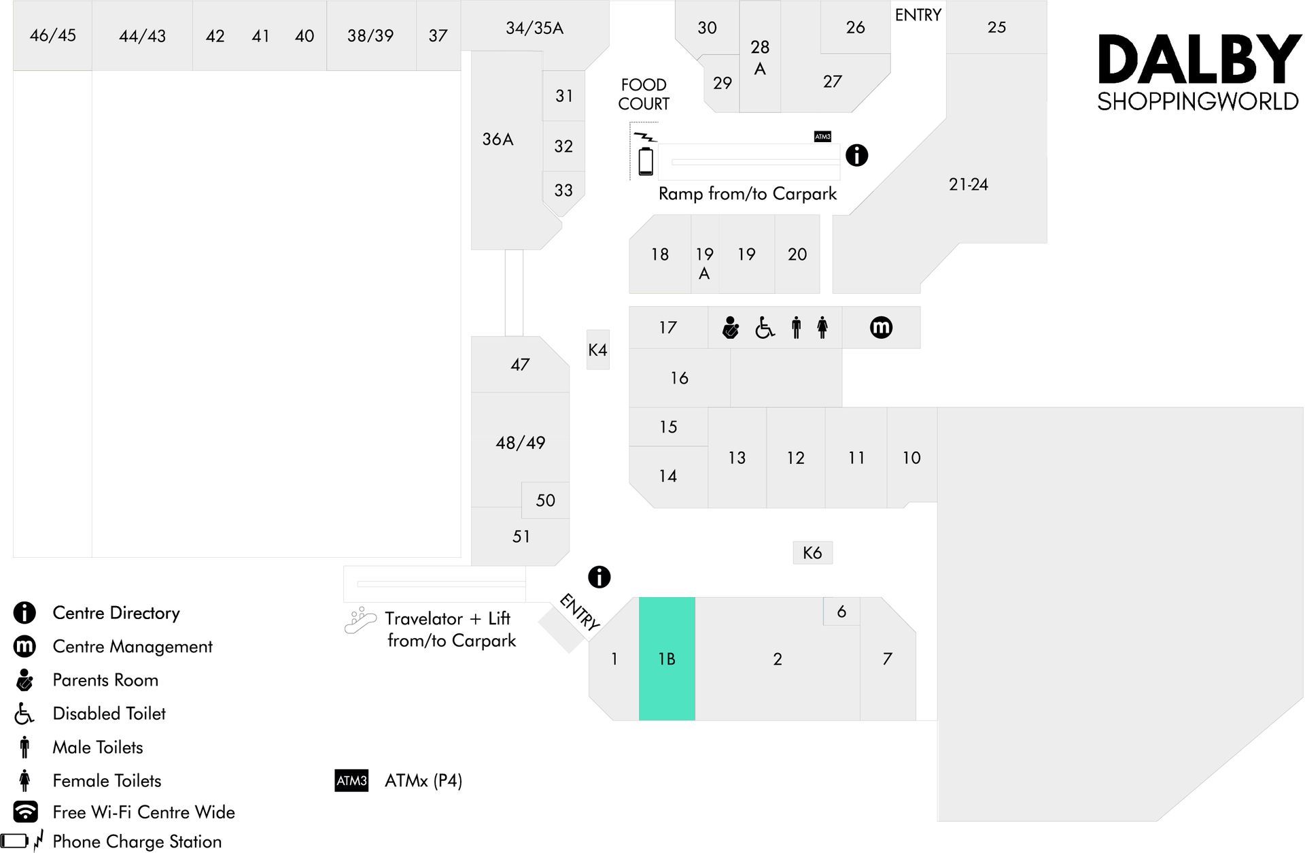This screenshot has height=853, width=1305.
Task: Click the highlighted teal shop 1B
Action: pyautogui.click(x=667, y=658)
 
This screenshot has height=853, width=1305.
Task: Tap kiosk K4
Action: pyautogui.click(x=597, y=350)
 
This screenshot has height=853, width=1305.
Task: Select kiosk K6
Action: pyautogui.click(x=812, y=552)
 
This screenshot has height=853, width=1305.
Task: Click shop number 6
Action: pyautogui.click(x=841, y=612)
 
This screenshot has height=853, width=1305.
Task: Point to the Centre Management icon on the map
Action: pyautogui.click(x=881, y=327)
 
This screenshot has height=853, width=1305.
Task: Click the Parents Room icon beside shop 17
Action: pyautogui.click(x=731, y=327)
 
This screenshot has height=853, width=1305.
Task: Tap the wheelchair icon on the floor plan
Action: pyautogui.click(x=765, y=328)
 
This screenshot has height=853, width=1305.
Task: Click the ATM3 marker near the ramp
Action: pyautogui.click(x=822, y=137)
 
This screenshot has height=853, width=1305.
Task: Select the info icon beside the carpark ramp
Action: pyautogui.click(x=856, y=155)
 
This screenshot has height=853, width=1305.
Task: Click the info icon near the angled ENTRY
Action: pyautogui.click(x=599, y=577)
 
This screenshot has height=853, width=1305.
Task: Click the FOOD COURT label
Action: pyautogui.click(x=644, y=94)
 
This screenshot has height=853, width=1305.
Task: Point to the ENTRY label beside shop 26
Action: pyautogui.click(x=918, y=15)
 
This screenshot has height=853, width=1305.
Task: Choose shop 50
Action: pyautogui.click(x=545, y=500)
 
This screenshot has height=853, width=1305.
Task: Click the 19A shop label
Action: pyautogui.click(x=704, y=263)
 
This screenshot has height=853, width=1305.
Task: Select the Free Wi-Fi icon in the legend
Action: pyautogui.click(x=25, y=812)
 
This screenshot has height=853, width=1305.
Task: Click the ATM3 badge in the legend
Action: pyautogui.click(x=351, y=780)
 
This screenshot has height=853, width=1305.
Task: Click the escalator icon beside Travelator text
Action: pyautogui.click(x=360, y=620)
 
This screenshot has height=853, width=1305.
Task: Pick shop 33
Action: pyautogui.click(x=563, y=190)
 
